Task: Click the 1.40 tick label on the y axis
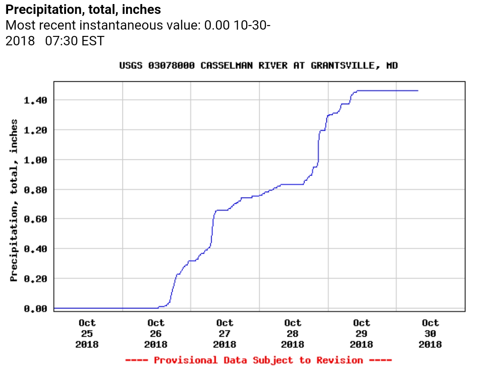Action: coord(35,100)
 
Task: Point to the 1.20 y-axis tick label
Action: coord(35,130)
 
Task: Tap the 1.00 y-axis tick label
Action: coord(35,159)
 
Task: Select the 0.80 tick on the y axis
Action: coord(35,189)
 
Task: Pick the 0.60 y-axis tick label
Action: coord(35,219)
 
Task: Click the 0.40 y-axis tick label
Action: coord(35,249)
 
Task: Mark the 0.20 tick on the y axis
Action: coord(35,278)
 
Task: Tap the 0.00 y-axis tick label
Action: coord(35,308)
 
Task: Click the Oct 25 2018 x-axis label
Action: coord(87,334)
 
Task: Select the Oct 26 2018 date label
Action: coord(156,334)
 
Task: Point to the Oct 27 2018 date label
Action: coord(224,334)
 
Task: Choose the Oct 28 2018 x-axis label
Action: coord(293,334)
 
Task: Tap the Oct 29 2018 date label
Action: coord(361,334)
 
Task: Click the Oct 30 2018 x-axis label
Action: coord(430,334)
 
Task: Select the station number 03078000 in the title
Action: coord(171,66)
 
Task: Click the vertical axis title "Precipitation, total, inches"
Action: coord(14,200)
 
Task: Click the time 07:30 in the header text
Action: coord(61,41)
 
